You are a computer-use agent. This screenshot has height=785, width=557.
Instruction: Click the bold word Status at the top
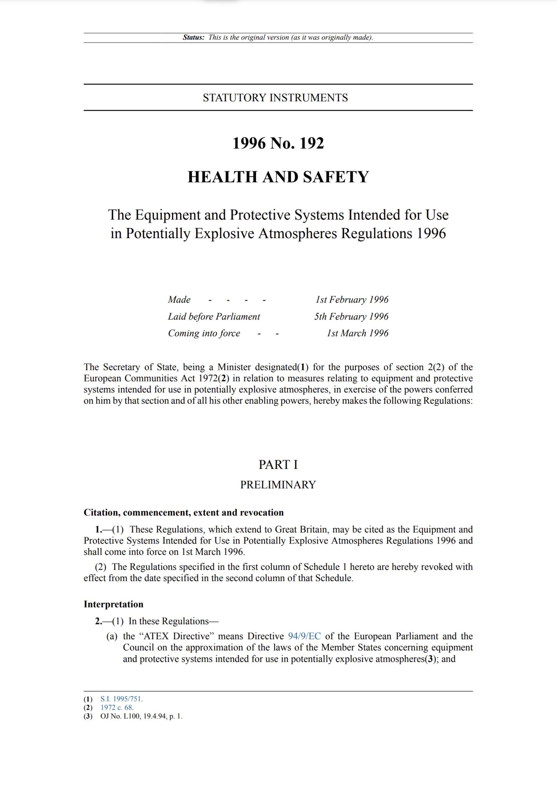click(x=193, y=38)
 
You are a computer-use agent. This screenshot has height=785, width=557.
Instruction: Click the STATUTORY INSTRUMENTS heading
click(x=275, y=98)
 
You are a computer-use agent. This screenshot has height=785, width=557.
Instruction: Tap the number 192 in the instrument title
click(x=312, y=143)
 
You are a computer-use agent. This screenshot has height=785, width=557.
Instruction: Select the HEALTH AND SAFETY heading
click(x=278, y=177)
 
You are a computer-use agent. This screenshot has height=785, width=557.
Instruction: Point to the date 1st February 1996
click(x=352, y=300)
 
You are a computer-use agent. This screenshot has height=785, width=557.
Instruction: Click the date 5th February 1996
click(x=351, y=316)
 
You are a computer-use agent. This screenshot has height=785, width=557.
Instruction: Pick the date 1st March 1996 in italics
click(x=357, y=333)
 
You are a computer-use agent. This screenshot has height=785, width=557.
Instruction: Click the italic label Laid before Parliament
click(x=214, y=316)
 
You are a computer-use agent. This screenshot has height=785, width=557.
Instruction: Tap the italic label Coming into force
click(x=204, y=333)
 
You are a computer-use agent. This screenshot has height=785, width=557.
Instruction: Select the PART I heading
click(x=278, y=465)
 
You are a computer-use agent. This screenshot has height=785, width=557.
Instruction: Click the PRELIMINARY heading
click(x=278, y=485)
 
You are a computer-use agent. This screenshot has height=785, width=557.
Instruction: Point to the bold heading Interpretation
click(x=113, y=604)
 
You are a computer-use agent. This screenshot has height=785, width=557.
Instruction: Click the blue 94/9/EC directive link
click(x=304, y=636)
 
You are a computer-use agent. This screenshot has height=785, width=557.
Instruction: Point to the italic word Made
click(x=179, y=300)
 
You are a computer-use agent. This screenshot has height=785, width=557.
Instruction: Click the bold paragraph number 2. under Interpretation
click(x=98, y=621)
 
